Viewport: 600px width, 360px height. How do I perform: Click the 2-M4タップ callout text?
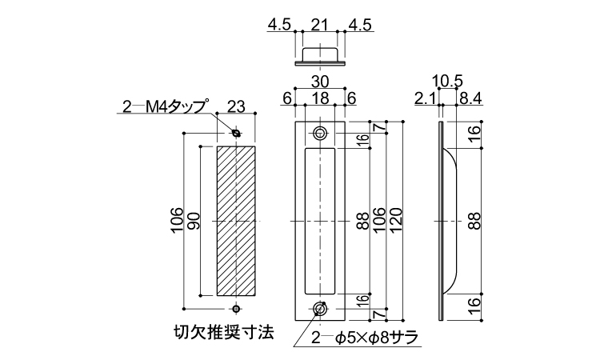[166, 106]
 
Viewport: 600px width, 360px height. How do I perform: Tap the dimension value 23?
[236, 106]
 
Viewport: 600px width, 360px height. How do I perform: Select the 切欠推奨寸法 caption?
[224, 332]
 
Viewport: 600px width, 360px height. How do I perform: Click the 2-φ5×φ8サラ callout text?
[365, 338]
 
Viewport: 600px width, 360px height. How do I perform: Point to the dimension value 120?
[397, 220]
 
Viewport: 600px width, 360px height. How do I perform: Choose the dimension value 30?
[320, 82]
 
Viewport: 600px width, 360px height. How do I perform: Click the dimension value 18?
[320, 98]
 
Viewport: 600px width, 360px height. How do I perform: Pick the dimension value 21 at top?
[319, 25]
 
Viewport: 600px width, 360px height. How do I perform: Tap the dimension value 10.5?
[448, 82]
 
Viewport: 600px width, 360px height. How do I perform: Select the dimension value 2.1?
[426, 98]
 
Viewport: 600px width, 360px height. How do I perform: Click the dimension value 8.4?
[470, 98]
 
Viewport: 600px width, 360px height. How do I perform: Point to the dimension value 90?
[194, 221]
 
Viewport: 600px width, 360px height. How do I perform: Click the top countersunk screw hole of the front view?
[319, 134]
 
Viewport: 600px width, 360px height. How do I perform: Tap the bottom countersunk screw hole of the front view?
[319, 308]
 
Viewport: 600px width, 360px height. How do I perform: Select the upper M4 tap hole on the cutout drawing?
[237, 133]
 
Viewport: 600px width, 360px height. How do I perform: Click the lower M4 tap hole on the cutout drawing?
[237, 308]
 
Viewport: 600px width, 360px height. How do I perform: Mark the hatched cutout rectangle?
[236, 221]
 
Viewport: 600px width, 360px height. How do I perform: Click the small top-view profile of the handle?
[320, 57]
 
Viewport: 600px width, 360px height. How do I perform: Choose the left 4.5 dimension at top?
[279, 25]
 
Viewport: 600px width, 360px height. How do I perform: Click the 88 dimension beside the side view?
[474, 221]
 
